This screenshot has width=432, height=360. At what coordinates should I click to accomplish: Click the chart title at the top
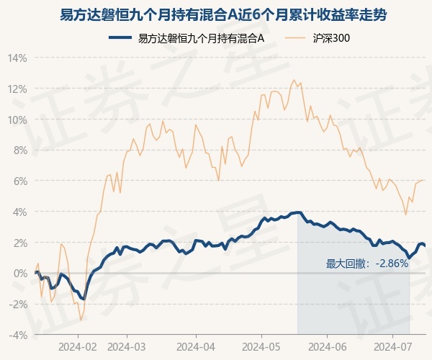click(223, 15)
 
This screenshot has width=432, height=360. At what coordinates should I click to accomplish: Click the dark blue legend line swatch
click(120, 37)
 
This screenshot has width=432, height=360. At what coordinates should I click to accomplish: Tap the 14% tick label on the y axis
click(17, 58)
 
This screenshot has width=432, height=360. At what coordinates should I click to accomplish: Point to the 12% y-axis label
click(17, 89)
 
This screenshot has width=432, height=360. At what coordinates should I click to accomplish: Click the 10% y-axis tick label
click(17, 120)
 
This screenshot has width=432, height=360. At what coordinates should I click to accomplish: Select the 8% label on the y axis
click(20, 150)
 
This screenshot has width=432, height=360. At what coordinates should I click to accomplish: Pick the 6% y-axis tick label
click(20, 181)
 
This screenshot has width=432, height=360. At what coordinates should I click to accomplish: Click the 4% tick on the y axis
click(20, 212)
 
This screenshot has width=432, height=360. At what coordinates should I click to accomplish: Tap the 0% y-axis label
click(20, 274)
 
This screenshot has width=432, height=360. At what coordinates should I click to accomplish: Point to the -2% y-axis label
click(18, 305)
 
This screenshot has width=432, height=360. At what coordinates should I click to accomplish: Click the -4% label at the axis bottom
click(18, 336)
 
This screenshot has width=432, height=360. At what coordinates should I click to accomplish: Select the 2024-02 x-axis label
click(78, 347)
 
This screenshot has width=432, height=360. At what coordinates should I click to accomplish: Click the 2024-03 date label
click(127, 347)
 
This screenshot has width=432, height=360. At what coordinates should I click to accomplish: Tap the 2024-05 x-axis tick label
click(261, 347)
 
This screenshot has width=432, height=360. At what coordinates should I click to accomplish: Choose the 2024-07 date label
click(393, 347)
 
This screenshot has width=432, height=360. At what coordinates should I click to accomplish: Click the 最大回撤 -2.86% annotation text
click(366, 264)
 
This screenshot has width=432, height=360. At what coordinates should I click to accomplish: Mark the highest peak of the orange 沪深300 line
click(294, 80)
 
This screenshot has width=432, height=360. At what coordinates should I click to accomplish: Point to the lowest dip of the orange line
click(81, 320)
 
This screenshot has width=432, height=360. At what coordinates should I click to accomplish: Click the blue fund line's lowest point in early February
click(84, 299)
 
